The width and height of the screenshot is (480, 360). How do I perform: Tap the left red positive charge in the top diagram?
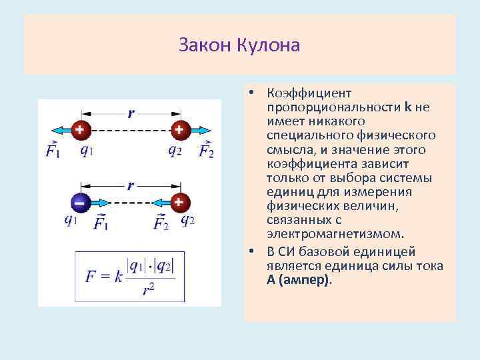pyautogui.click(x=80, y=129)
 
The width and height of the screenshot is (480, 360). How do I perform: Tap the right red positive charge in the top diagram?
pyautogui.click(x=179, y=129)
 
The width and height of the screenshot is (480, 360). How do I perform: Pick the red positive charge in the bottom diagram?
pyautogui.click(x=179, y=201)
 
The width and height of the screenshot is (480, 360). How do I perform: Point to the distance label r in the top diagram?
pyautogui.click(x=130, y=113)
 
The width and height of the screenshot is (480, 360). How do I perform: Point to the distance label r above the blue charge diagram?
pyautogui.click(x=130, y=185)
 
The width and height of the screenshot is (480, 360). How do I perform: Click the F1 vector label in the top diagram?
pyautogui.click(x=53, y=150)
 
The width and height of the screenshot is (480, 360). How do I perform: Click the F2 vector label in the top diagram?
pyautogui.click(x=207, y=150)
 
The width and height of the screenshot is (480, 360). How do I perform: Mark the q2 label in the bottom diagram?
pyautogui.click(x=187, y=221)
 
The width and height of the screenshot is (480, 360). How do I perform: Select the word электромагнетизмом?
pyautogui.click(x=335, y=234)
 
